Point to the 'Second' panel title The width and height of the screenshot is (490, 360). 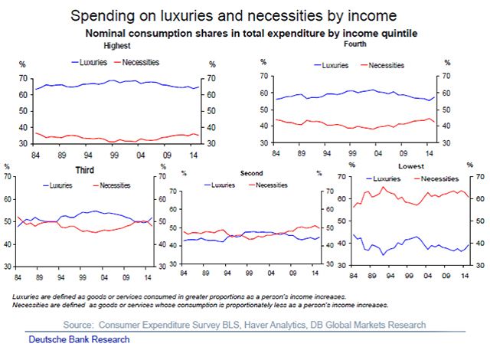252,174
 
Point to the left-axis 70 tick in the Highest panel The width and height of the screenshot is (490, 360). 22,79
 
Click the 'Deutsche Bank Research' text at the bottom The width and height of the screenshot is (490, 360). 79,339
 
